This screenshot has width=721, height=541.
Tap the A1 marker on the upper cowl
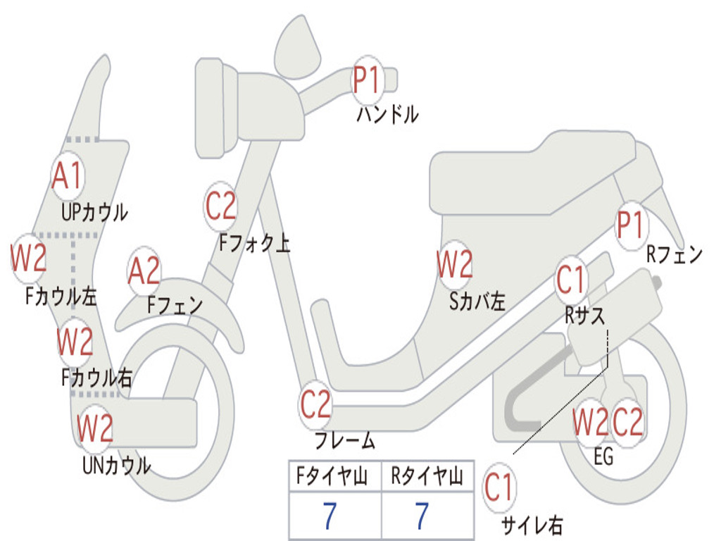[68, 176]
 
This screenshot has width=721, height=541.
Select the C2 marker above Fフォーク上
[220, 206]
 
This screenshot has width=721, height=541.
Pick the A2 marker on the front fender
[144, 271]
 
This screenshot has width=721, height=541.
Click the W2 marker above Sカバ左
[454, 264]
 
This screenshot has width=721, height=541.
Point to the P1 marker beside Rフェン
[630, 225]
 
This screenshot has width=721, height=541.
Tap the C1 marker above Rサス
[570, 280]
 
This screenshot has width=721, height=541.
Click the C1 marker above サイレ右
[499, 487]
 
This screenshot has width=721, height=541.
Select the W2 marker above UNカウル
[95, 428]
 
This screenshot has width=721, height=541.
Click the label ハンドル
[387, 114]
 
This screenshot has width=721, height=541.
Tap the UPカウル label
[94, 213]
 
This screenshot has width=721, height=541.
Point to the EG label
[603, 456]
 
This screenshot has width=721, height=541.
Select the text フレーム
[345, 440]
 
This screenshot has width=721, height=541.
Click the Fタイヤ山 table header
[332, 476]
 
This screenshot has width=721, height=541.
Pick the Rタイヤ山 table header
[427, 476]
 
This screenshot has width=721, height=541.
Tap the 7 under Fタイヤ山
[330, 516]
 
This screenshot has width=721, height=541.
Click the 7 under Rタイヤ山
[422, 516]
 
